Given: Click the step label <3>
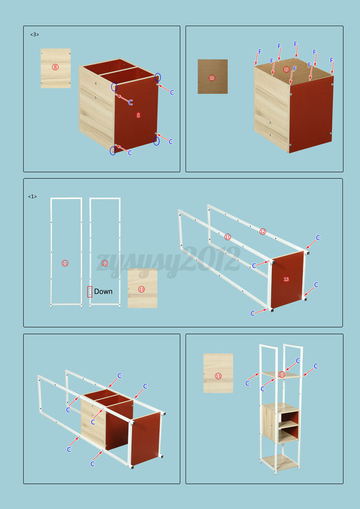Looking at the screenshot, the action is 35,35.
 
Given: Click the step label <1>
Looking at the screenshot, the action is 32,197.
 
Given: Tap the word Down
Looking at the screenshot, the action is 103,291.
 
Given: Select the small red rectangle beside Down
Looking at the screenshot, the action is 90,292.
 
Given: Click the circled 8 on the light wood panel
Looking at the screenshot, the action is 55,67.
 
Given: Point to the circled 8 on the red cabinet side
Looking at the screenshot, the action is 138,115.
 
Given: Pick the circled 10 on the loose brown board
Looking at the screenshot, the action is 212,78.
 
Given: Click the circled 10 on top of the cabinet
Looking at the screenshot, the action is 286,69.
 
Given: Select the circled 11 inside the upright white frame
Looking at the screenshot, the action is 65,263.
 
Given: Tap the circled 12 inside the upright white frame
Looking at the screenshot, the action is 105,263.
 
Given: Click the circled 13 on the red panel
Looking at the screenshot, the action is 286,279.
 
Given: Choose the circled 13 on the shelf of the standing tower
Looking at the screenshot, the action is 282,374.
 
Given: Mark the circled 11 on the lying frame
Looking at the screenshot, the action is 228,237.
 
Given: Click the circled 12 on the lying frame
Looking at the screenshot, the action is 263,232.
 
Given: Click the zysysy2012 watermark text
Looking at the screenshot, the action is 168,262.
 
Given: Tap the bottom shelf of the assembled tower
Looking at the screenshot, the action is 279,462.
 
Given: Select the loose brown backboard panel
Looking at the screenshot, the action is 213,77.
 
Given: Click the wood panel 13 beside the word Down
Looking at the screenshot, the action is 142,288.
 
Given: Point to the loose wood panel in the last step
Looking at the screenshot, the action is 218,373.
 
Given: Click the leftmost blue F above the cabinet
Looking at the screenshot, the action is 260,52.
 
